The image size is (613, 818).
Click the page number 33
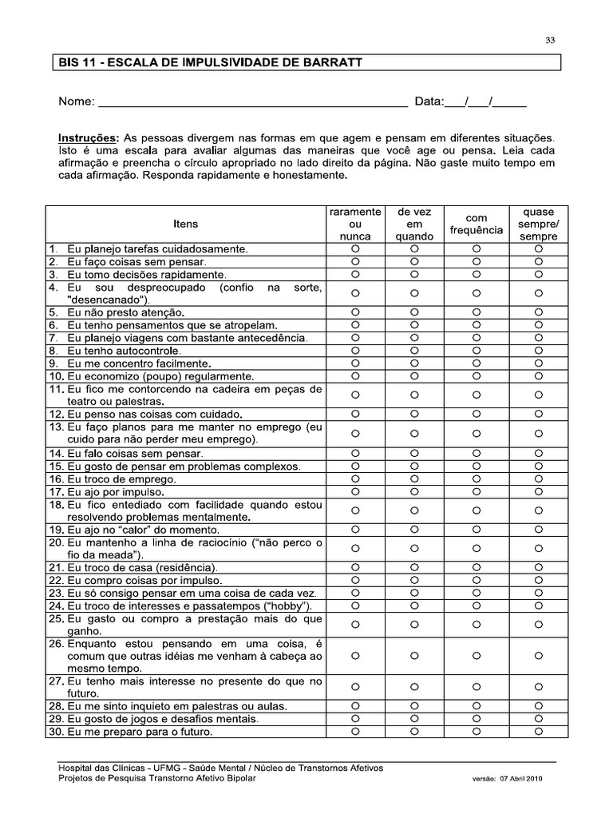coord(550,42)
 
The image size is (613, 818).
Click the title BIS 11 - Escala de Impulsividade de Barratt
coord(210,62)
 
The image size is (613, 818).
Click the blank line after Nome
coord(252,102)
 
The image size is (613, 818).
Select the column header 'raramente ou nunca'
coord(355,224)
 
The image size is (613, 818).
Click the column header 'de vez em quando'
coord(414,224)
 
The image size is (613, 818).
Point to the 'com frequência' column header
coord(476,224)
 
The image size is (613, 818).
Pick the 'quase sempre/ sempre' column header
coord(539,224)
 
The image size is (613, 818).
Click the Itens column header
coord(186,224)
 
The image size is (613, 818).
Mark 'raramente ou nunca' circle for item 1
coord(355,248)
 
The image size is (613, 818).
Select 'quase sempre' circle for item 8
coord(539,350)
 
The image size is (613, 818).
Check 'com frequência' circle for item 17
coord(476,491)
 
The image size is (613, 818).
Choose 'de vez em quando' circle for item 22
coord(414,580)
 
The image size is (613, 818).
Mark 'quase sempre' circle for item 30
coord(539,732)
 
